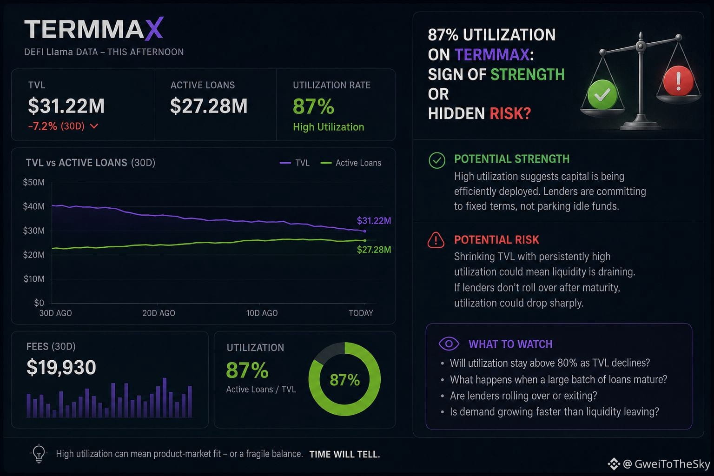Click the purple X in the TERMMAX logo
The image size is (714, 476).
(154, 29)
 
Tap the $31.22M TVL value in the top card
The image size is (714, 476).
(66, 106)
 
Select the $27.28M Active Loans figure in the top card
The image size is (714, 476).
(209, 106)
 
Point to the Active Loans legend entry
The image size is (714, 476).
(350, 163)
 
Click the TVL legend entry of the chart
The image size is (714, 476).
(295, 163)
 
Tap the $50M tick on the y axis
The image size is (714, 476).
(34, 182)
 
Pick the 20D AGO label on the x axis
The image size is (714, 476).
(159, 313)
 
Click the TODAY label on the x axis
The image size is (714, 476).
(361, 313)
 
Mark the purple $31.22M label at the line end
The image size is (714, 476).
(374, 221)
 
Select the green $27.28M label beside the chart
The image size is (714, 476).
(374, 250)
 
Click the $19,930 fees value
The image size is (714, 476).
(61, 367)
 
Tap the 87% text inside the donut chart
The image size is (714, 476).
(345, 380)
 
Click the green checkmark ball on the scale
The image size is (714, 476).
(602, 95)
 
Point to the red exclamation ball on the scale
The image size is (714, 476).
(678, 80)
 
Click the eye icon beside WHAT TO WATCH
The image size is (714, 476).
(449, 344)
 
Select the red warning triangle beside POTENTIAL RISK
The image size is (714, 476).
(436, 240)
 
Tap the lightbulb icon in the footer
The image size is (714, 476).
(39, 453)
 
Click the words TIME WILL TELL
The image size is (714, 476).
(344, 454)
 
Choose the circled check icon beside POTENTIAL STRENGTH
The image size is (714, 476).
(436, 160)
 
